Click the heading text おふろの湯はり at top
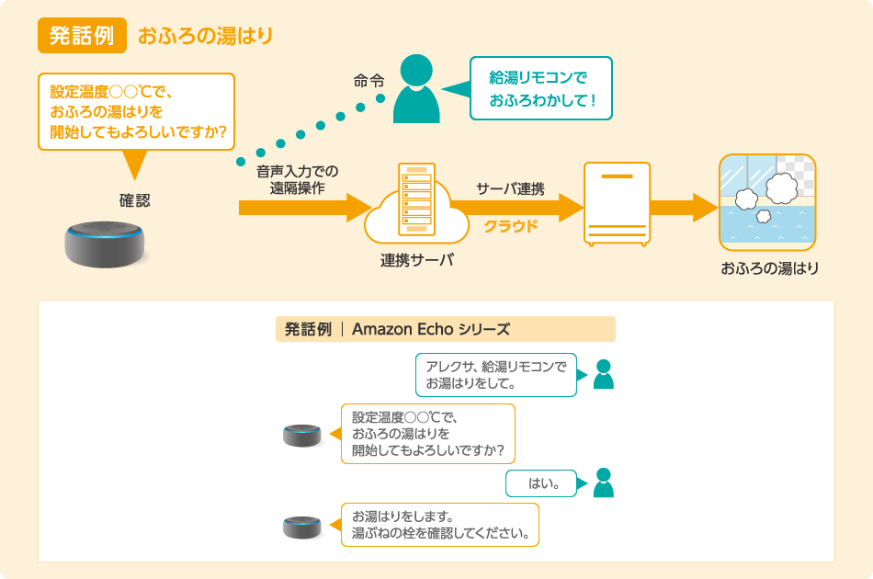(205, 37)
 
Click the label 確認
(134, 200)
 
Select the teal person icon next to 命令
(415, 89)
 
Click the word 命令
(368, 80)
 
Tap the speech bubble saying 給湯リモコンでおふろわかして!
(540, 89)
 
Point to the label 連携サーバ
(417, 260)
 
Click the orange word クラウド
(510, 226)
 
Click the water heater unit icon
(617, 204)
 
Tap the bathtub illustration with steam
(767, 203)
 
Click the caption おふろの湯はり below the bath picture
(769, 269)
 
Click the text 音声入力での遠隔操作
(298, 180)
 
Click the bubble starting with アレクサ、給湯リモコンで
(495, 375)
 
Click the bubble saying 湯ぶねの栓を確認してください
(439, 525)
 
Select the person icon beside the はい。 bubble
(603, 482)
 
